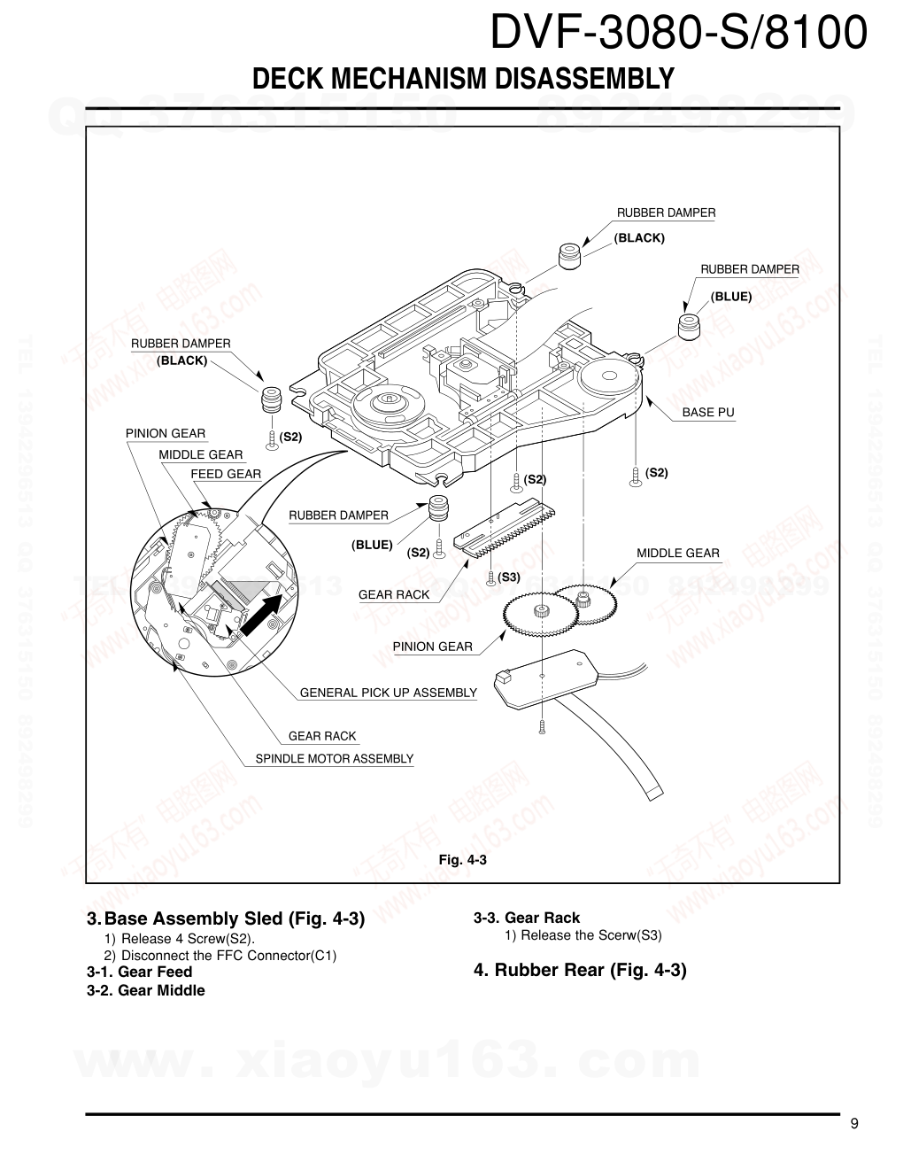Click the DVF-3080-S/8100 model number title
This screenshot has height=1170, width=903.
(x=678, y=35)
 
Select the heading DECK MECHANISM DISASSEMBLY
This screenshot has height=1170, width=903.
(x=463, y=79)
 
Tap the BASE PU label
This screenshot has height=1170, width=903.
(x=707, y=413)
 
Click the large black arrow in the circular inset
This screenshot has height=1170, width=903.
(x=265, y=614)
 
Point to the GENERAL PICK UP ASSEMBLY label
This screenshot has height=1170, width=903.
(x=388, y=693)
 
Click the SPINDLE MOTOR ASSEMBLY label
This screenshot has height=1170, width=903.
(x=334, y=759)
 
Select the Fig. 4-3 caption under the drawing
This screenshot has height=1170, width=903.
(x=463, y=859)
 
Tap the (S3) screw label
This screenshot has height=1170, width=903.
(x=509, y=577)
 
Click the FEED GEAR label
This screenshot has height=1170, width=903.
(x=226, y=474)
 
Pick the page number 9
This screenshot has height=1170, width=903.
(x=853, y=1124)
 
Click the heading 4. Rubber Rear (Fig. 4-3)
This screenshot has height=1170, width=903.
(x=580, y=970)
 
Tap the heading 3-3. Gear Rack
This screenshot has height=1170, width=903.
(x=527, y=918)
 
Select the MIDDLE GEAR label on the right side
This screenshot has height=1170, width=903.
(x=678, y=554)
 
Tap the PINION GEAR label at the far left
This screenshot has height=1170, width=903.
(x=166, y=434)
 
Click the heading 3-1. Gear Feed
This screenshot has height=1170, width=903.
(x=139, y=972)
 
